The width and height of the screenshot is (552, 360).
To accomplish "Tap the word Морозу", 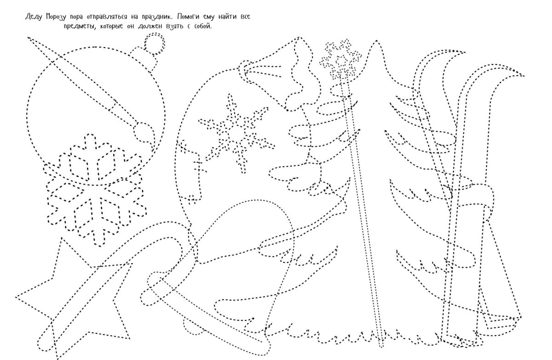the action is coord(56,17).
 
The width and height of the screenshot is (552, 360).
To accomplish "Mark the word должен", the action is coord(150,26).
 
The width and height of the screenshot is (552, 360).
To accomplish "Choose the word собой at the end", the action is coord(203,26).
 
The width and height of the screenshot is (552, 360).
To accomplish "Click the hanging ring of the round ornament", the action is coord(155,44).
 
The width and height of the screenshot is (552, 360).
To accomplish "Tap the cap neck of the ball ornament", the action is coord(144,59).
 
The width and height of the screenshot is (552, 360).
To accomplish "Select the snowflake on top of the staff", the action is coord(340,59).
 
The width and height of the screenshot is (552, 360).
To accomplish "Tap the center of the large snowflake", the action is coord(95,189).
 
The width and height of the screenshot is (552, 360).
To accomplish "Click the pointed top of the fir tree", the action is coord(376,41).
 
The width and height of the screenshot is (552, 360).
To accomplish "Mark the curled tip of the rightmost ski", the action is coord(523,75).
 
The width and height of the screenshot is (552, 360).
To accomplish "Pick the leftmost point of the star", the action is coord(16,297).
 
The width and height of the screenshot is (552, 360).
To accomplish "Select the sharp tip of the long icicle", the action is coord(28,38).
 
